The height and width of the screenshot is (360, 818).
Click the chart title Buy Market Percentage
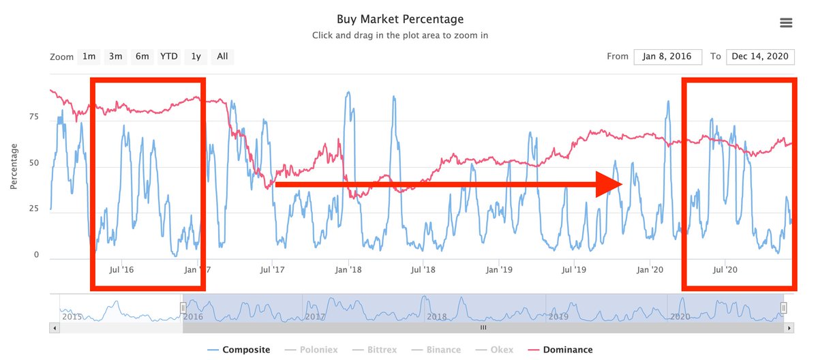coord(399,19)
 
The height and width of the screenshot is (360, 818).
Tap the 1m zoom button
coord(89,57)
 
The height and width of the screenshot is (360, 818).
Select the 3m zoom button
coord(115,57)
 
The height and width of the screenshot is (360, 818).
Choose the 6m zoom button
coord(142,57)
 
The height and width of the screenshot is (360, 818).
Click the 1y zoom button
coord(196,57)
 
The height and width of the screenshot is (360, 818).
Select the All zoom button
coord(222,57)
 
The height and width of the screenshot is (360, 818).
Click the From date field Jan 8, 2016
coord(667,57)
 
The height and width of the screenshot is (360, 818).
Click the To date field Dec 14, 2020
coord(760,57)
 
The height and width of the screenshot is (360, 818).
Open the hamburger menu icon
coord(786,22)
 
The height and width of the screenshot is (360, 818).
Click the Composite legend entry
coord(246,350)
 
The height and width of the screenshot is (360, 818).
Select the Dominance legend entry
coord(567,350)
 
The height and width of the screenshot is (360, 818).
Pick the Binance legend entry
coord(444,350)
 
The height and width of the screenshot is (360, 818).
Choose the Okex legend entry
coord(502,350)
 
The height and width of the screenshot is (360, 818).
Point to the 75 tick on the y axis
coord(34,117)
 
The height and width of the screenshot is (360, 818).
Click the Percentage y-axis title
coord(14,166)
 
